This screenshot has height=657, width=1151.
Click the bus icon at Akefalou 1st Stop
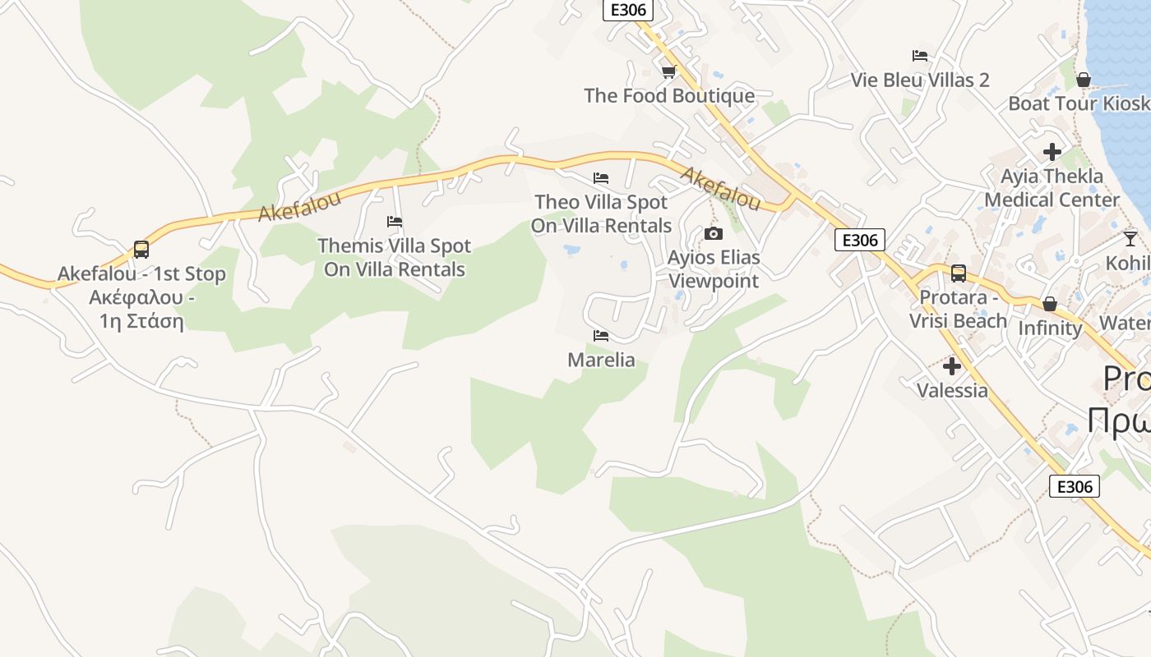point(141,249)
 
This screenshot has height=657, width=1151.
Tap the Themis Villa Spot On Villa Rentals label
point(395,257)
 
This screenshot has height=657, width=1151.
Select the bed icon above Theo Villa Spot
point(601,177)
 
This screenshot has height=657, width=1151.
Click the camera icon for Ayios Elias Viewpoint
point(714,234)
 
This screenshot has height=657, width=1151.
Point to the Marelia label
point(601,360)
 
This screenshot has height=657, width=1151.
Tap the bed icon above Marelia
point(601,336)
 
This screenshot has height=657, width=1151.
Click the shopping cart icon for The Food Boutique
point(668,71)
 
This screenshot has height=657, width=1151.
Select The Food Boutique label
point(669,95)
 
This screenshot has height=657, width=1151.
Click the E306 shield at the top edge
point(628,10)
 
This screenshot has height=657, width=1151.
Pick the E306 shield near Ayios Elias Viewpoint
point(860,240)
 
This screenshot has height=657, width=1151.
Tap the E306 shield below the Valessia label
point(1075,486)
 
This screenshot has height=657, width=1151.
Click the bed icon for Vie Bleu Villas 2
point(920,56)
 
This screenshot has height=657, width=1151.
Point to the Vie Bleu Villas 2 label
point(920,80)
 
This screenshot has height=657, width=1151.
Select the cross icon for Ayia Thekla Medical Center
point(1052,152)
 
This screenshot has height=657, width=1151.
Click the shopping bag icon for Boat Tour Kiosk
point(1084,80)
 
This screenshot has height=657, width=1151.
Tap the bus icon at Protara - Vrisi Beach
point(959,273)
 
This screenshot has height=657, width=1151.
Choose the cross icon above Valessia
point(952,366)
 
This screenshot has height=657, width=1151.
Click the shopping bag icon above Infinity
point(1050,304)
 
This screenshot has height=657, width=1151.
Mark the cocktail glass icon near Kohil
point(1130,238)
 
